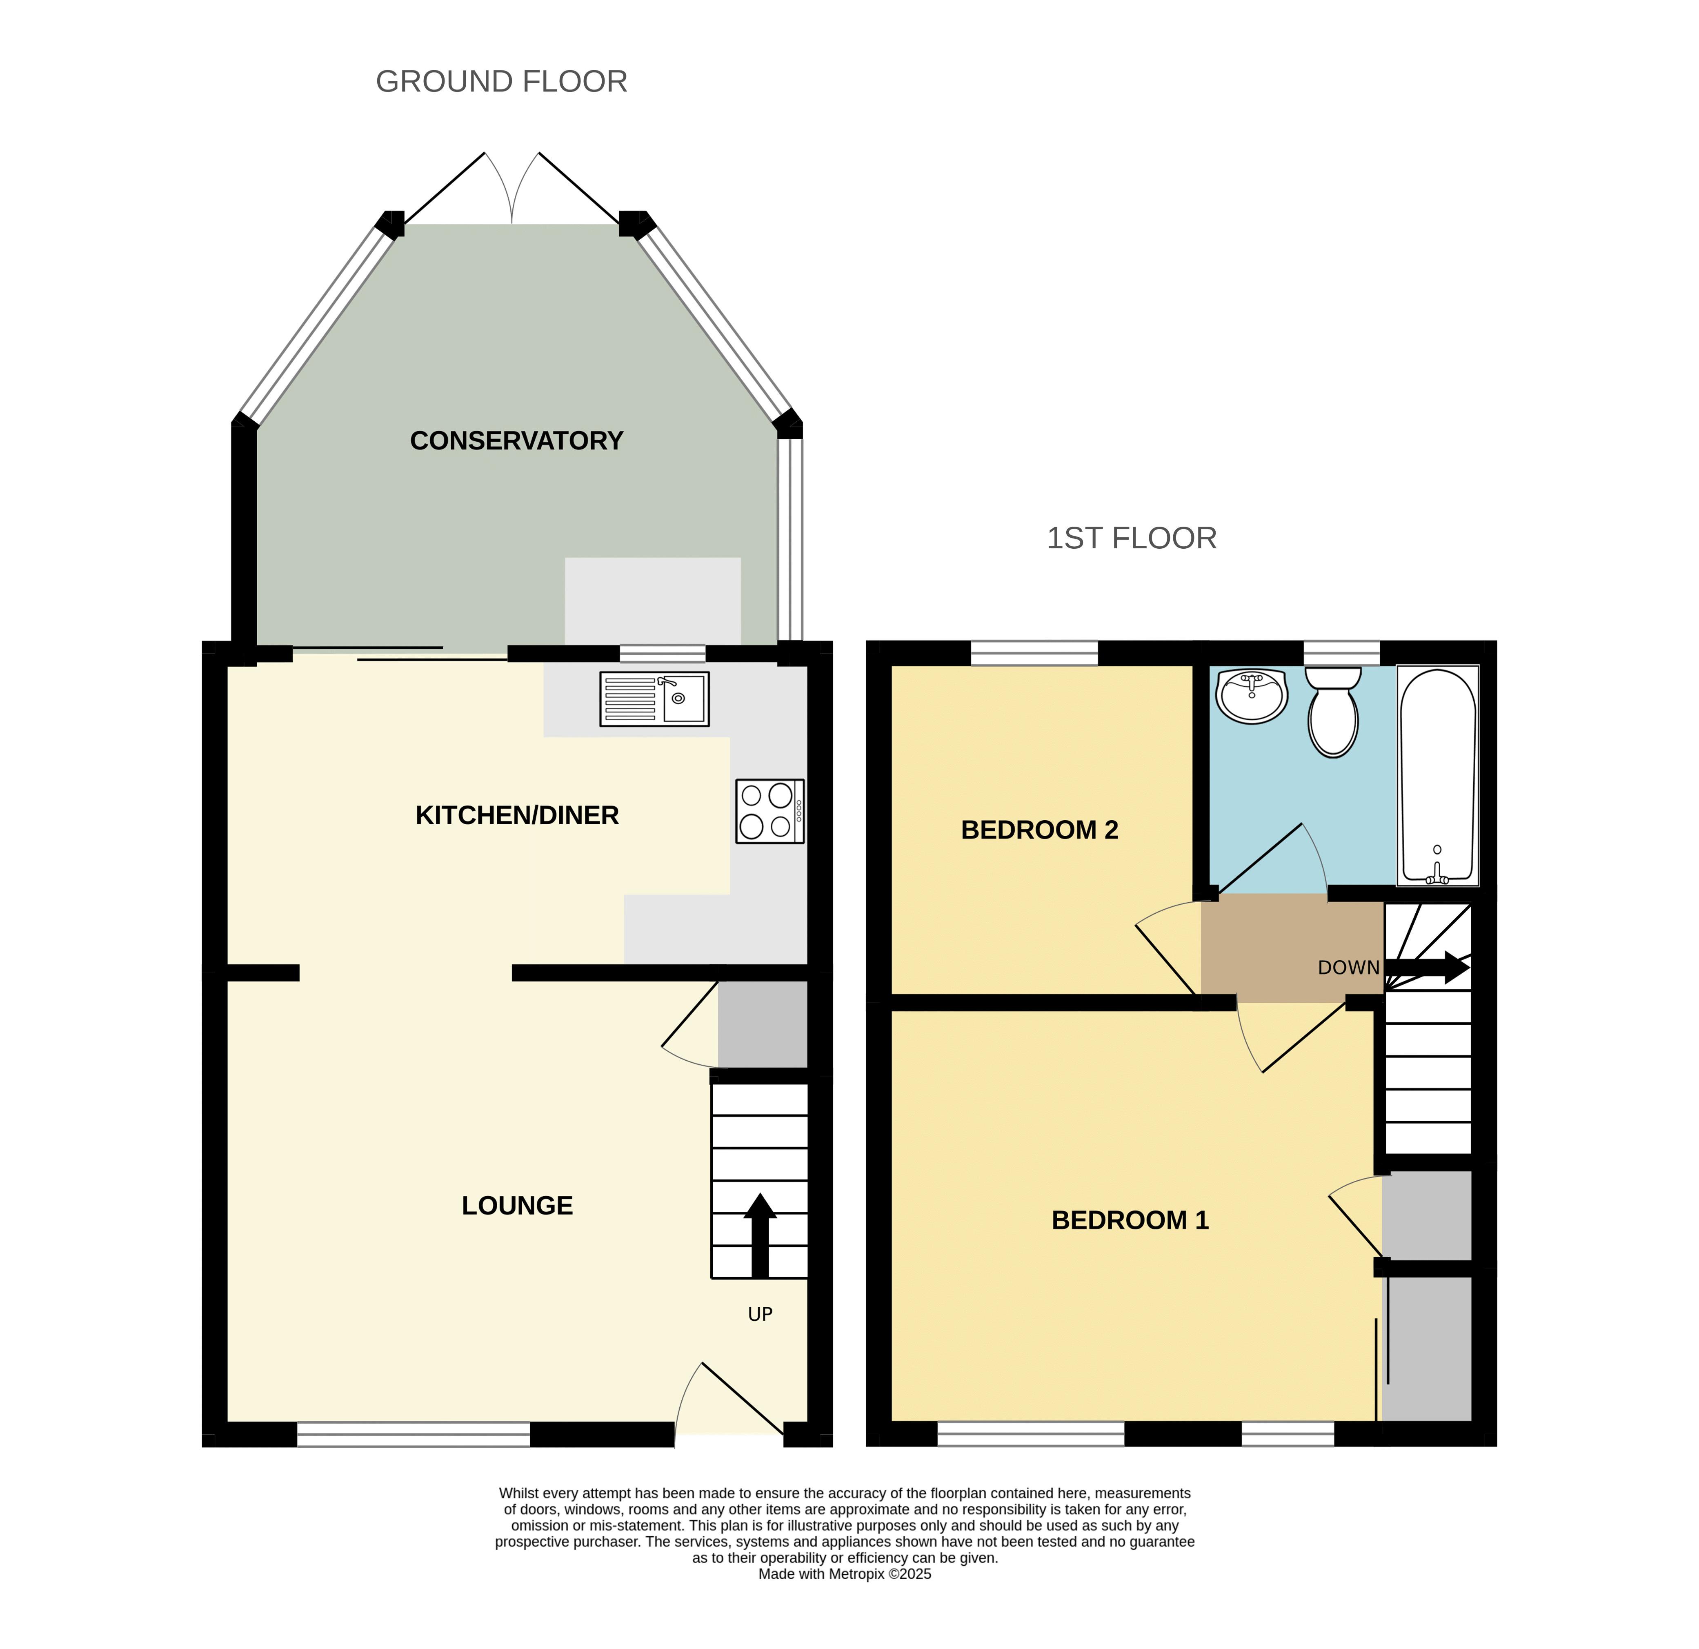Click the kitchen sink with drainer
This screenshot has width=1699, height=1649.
tap(654, 699)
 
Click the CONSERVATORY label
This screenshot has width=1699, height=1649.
tap(517, 441)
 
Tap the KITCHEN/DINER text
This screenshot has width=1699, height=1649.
tap(518, 815)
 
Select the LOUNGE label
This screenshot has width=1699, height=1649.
tap(518, 1205)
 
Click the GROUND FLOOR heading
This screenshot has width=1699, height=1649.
tap(501, 82)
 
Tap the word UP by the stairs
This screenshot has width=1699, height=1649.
tap(760, 1314)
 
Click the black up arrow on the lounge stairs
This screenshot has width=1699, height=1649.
tap(760, 1235)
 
